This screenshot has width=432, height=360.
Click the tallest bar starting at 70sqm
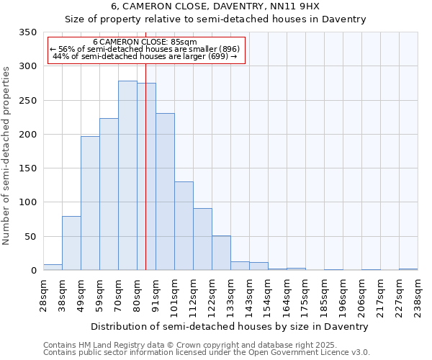127,176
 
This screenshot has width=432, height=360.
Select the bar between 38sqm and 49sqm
71,243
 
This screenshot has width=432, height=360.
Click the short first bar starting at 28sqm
53,267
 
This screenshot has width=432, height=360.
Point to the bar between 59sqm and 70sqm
109,194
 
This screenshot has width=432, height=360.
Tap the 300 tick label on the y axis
27,66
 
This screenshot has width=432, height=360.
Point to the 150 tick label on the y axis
27,168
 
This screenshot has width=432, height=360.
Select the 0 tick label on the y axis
33,271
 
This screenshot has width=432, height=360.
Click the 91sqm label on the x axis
156,296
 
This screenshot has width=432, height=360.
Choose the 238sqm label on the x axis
418,296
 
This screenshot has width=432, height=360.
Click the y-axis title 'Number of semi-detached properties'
7,156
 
